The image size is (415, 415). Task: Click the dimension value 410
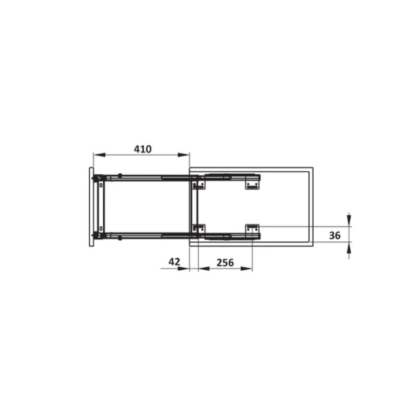pyautogui.click(x=143, y=149)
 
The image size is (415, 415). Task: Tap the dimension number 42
pyautogui.click(x=174, y=262)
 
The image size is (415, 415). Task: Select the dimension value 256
pyautogui.click(x=225, y=262)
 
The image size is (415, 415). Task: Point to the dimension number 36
pyautogui.click(x=335, y=236)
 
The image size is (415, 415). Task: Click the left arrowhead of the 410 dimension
pyautogui.click(x=99, y=155)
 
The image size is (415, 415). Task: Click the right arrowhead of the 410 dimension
pyautogui.click(x=184, y=155)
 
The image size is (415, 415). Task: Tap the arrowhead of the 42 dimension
pyautogui.click(x=184, y=269)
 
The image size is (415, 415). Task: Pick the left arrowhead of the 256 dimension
pyautogui.click(x=204, y=269)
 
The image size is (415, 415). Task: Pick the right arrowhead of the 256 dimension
pyautogui.click(x=246, y=269)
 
